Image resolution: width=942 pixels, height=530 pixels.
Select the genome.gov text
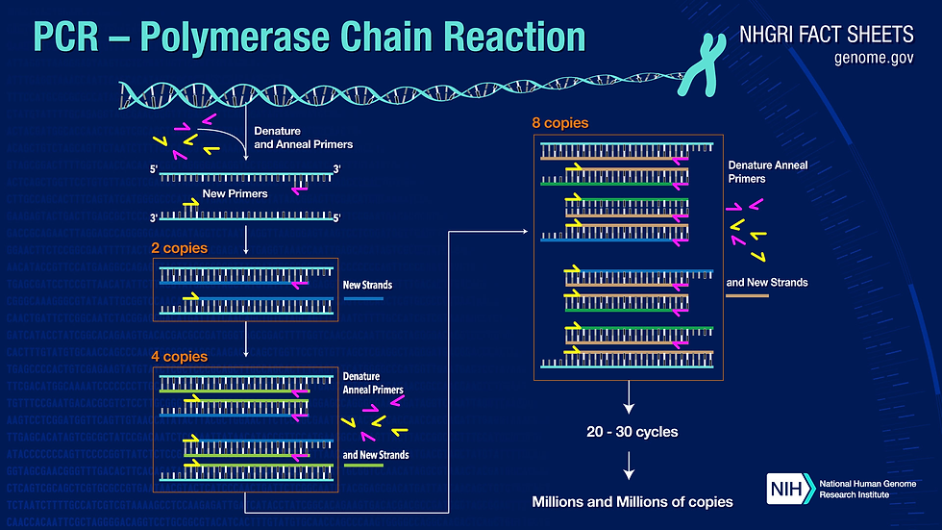(874, 58)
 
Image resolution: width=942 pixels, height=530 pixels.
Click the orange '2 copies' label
(180, 248)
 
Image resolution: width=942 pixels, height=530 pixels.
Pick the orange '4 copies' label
(180, 356)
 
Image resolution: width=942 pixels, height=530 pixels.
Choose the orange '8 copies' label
(559, 124)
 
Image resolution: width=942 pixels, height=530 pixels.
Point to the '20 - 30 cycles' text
(632, 432)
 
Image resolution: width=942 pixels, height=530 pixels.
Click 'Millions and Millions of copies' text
(632, 501)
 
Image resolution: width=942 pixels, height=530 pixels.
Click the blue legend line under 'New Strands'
(362, 299)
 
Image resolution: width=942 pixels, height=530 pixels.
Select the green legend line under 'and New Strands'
(362, 467)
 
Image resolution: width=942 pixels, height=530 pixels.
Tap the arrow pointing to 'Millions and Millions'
(630, 466)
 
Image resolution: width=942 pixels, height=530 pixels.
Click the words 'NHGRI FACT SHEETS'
(827, 35)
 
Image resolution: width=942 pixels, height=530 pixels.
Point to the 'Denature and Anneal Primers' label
(302, 137)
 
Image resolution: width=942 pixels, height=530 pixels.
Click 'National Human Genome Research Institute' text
(855, 488)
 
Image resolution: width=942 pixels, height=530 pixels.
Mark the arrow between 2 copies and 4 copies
(247, 337)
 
